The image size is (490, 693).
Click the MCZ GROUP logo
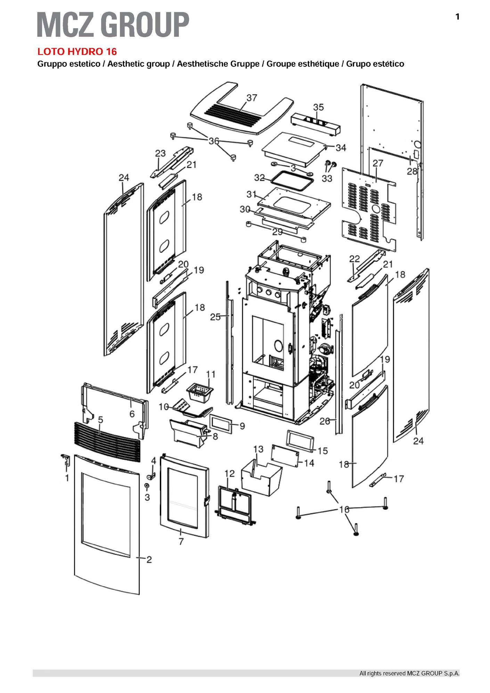[x=113, y=24]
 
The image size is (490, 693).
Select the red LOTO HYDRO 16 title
[x=77, y=52]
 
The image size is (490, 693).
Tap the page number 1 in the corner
[x=457, y=17]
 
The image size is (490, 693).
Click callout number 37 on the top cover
[x=252, y=98]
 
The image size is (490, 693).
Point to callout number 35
[x=318, y=107]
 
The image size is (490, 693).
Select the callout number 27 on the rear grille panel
[x=378, y=163]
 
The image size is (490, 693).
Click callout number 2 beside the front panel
[x=149, y=560]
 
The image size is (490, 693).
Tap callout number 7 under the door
[x=181, y=541]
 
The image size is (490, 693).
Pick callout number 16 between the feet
[x=344, y=509]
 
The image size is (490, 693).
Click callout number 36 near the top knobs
[x=214, y=141]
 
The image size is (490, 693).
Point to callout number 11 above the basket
[x=211, y=374]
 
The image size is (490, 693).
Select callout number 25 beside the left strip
[x=215, y=317]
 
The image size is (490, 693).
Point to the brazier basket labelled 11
[x=199, y=392]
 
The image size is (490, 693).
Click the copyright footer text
[x=409, y=674]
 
